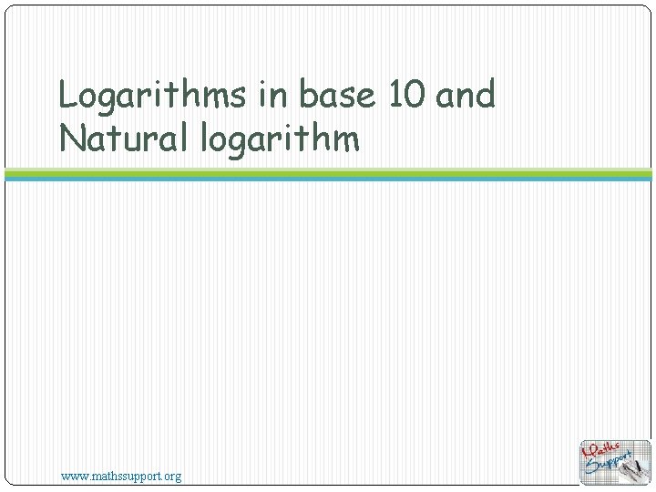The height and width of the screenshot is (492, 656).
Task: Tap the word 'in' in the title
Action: tap(272, 95)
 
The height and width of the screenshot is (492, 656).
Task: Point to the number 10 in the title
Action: tap(405, 95)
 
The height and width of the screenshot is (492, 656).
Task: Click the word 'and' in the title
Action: tap(466, 95)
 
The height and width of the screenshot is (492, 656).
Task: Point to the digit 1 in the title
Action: tap(396, 95)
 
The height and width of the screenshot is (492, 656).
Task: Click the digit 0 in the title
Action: tap(415, 95)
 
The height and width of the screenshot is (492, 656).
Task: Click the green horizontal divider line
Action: tap(328, 171)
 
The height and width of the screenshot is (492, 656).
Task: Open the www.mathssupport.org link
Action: tap(120, 476)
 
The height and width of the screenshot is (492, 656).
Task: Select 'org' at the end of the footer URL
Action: tap(171, 476)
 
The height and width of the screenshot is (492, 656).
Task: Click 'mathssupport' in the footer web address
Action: tap(124, 476)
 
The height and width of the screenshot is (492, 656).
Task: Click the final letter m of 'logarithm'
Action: tap(346, 139)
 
